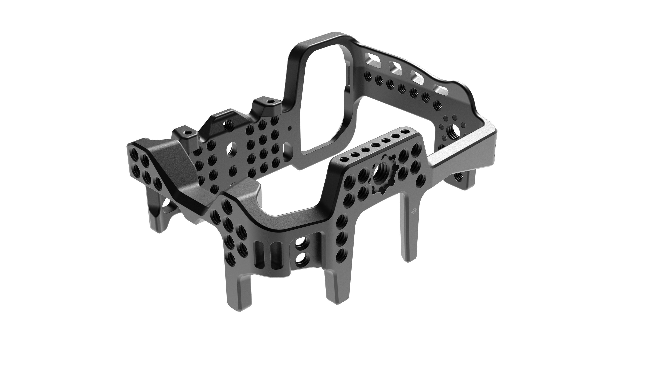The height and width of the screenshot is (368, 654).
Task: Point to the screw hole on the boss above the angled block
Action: [187, 132]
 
